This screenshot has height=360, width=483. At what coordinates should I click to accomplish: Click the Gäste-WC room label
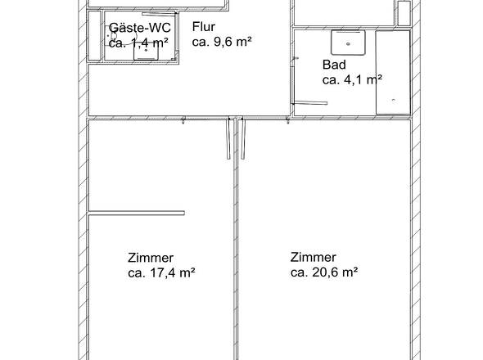(139, 28)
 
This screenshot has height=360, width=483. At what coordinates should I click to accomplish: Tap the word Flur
(204, 25)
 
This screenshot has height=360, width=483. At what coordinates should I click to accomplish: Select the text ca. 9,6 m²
(221, 42)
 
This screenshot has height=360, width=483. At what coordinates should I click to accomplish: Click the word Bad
(333, 64)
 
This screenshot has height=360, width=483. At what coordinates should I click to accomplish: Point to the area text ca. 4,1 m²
(352, 79)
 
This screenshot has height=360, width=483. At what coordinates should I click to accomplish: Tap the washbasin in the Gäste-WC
(147, 51)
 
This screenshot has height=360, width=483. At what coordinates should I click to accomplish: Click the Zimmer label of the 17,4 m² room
(151, 257)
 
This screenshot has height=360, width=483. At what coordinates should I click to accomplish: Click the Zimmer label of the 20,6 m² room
(313, 257)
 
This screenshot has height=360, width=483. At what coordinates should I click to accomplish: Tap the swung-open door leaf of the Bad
(310, 103)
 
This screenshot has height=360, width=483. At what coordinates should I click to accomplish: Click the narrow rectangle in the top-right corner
(403, 14)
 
